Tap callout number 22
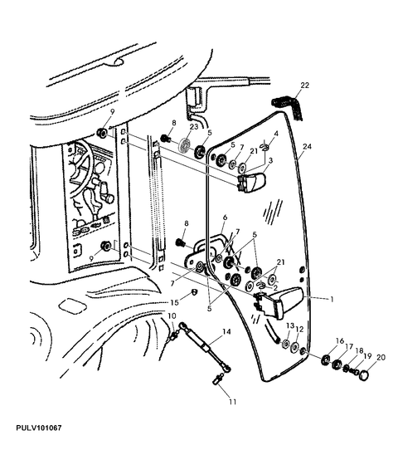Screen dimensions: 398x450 click(305, 86)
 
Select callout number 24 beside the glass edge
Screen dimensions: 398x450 click(307, 147)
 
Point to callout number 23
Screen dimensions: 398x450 click(194, 126)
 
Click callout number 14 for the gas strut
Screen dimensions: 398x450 click(226, 332)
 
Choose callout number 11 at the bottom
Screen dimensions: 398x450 click(233, 402)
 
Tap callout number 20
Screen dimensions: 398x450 click(381, 358)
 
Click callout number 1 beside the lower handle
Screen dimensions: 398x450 click(332, 300)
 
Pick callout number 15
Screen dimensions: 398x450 click(174, 302)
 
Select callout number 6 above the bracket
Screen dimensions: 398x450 click(225, 218)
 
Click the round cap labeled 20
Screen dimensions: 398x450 click(364, 375)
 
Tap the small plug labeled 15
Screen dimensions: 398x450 click(194, 292)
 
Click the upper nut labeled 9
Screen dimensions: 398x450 click(102, 133)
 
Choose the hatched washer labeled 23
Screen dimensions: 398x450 click(184, 144)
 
